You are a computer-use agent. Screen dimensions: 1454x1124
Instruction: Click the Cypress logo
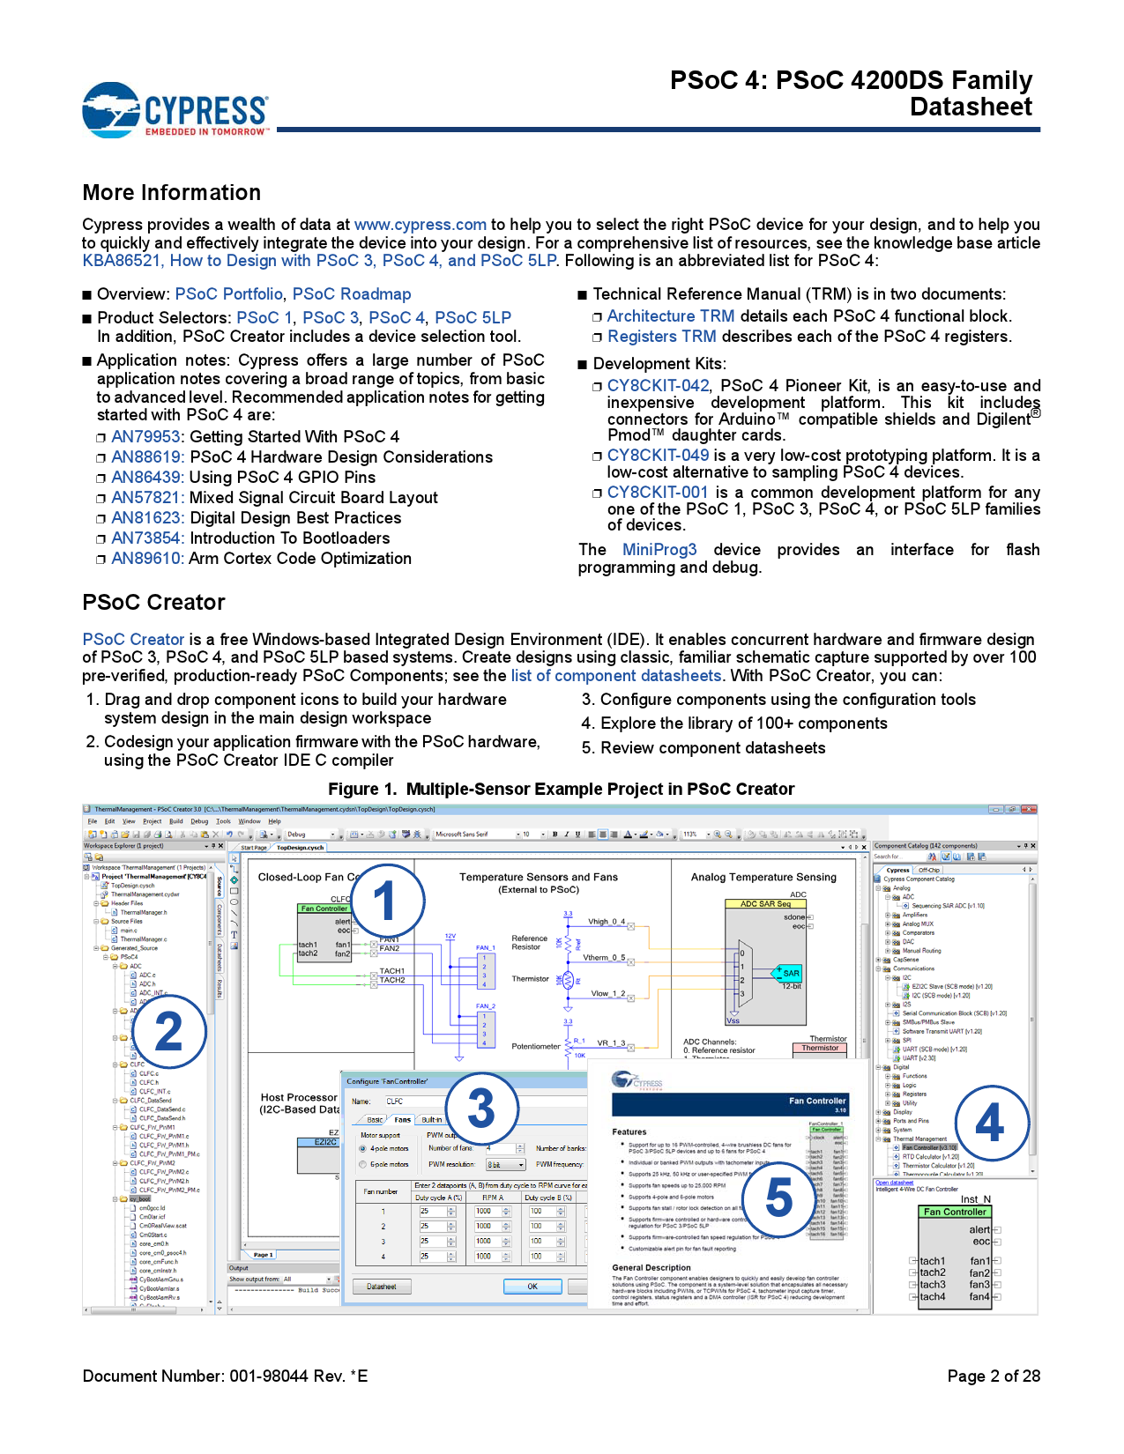point(175,110)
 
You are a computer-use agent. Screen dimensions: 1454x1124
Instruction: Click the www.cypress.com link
point(420,225)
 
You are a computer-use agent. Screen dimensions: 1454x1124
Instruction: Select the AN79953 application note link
point(145,437)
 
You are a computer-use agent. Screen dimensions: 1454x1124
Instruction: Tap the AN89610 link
point(147,559)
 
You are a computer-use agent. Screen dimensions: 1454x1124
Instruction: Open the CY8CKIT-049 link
point(658,456)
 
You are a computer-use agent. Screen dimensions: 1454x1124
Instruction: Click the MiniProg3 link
point(659,550)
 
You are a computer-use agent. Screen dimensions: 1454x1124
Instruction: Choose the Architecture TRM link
point(670,316)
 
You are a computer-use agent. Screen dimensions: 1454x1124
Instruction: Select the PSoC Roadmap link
point(352,294)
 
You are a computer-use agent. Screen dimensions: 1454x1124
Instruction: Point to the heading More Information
point(172,193)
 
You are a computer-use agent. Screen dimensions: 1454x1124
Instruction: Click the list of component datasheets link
point(616,676)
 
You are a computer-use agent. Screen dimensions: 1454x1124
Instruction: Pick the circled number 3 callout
point(480,1108)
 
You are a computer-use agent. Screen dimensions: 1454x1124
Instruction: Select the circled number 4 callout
point(990,1123)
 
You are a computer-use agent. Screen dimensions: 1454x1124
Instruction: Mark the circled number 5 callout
point(778,1198)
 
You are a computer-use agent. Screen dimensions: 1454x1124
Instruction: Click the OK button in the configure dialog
point(532,1287)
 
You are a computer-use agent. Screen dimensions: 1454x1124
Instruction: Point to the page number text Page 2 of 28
point(994,1376)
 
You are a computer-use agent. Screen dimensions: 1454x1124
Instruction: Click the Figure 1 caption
point(561,790)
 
